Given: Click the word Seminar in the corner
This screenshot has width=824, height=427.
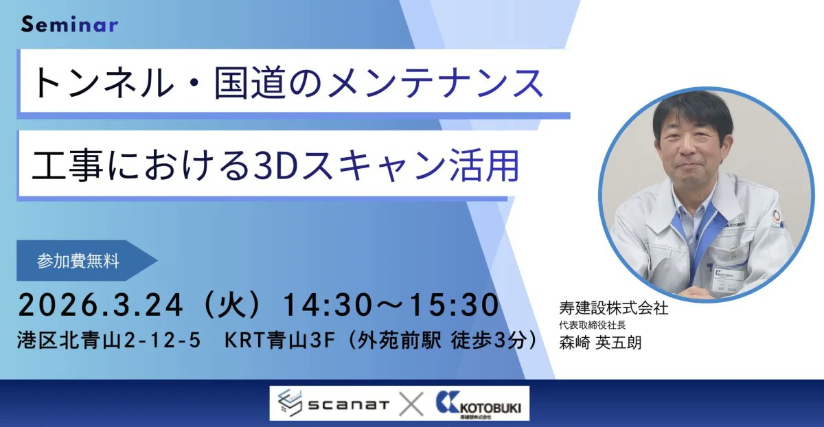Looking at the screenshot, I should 69,25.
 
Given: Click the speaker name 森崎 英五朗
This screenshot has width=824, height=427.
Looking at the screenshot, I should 601,342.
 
